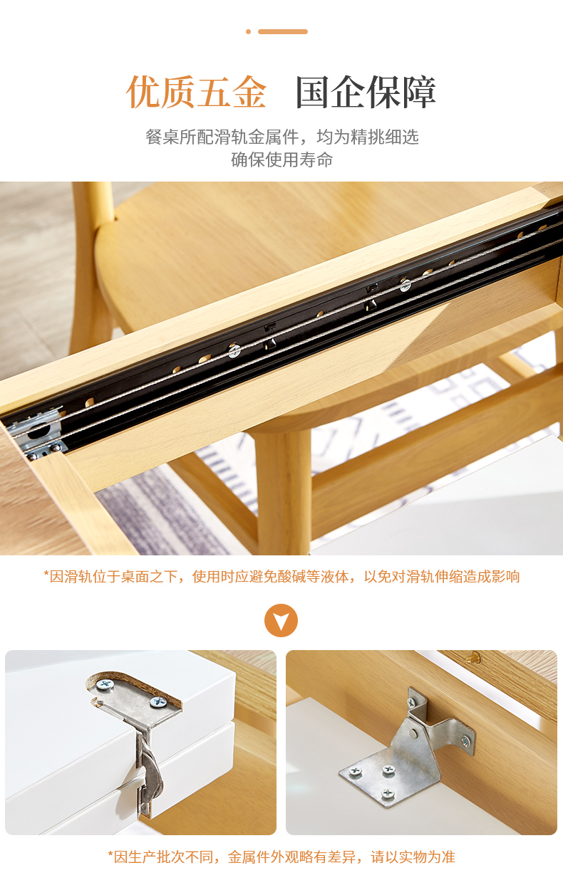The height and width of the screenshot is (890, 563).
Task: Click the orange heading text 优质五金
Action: coord(197,92)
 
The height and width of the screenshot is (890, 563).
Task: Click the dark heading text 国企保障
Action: coord(366,92)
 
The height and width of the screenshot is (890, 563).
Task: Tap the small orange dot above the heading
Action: coord(249,32)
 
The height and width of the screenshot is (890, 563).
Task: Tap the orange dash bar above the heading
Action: coord(283,32)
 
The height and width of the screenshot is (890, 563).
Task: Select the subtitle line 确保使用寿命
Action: coord(282,159)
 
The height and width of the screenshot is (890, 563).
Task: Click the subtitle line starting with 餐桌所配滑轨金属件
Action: coord(282,137)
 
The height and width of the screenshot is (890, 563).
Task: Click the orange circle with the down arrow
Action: coord(281,620)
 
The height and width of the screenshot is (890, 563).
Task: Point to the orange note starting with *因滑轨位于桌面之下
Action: coord(282,576)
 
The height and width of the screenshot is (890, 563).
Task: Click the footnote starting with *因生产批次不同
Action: coord(282,857)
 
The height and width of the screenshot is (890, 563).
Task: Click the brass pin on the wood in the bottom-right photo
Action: coord(473,659)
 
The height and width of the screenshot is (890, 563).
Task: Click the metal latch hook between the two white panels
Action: coord(150,773)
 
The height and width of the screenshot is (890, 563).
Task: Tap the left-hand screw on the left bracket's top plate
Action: coord(105,684)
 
